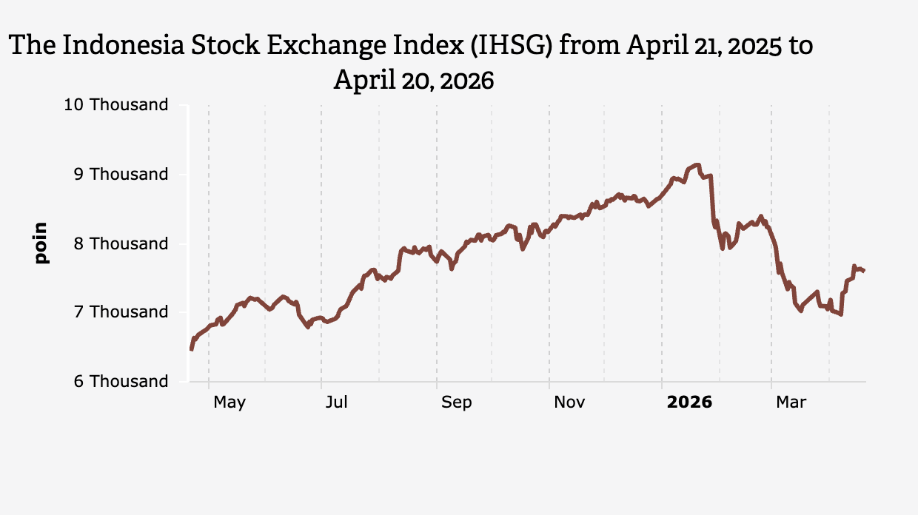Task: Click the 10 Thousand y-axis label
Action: click(116, 105)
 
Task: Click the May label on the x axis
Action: click(229, 403)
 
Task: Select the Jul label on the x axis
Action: click(337, 403)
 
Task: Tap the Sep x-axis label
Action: click(456, 403)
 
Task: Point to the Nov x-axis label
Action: click(569, 403)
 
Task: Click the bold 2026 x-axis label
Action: click(689, 403)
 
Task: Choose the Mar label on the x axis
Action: click(791, 403)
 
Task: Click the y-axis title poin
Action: click(41, 243)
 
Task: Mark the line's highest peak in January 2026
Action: click(696, 164)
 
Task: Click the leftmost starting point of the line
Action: click(191, 349)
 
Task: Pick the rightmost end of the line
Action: click(864, 271)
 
